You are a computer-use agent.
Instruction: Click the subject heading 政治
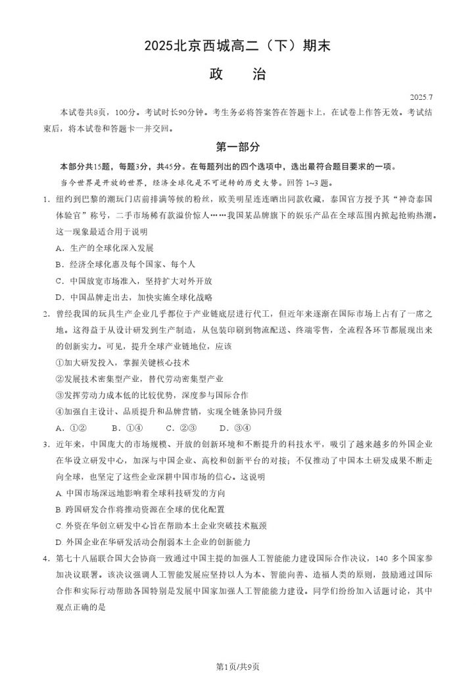pos(237,74)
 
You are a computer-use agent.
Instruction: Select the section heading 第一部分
pos(237,147)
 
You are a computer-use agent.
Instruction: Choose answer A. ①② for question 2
pos(68,428)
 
